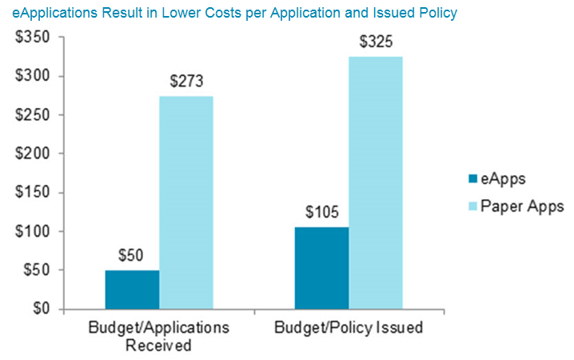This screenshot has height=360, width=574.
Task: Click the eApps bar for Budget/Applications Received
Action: [132, 290]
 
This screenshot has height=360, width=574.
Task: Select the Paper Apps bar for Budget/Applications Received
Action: [186, 202]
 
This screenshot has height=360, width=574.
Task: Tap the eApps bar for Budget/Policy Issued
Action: [321, 268]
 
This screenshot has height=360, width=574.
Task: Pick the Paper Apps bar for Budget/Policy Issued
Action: [376, 182]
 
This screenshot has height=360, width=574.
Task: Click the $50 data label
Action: [132, 256]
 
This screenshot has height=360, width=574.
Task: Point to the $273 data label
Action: [186, 82]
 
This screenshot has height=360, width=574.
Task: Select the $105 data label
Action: [322, 213]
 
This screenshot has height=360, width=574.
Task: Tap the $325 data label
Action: [376, 42]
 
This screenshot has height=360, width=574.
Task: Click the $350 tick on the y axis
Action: [32, 38]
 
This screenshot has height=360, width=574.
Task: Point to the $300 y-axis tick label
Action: [32, 76]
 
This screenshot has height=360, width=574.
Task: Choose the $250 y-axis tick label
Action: [32, 115]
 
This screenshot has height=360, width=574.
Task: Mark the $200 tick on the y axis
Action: [32, 154]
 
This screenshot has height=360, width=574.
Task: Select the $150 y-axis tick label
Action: [32, 193]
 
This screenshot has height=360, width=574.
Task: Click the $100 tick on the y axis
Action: [32, 231]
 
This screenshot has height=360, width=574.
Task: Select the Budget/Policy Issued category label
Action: [349, 328]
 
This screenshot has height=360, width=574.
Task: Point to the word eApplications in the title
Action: [52, 14]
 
